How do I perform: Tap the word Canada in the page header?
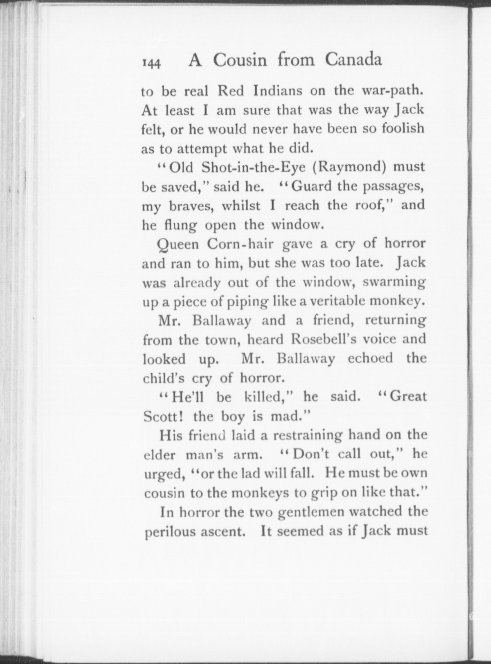point(353,60)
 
